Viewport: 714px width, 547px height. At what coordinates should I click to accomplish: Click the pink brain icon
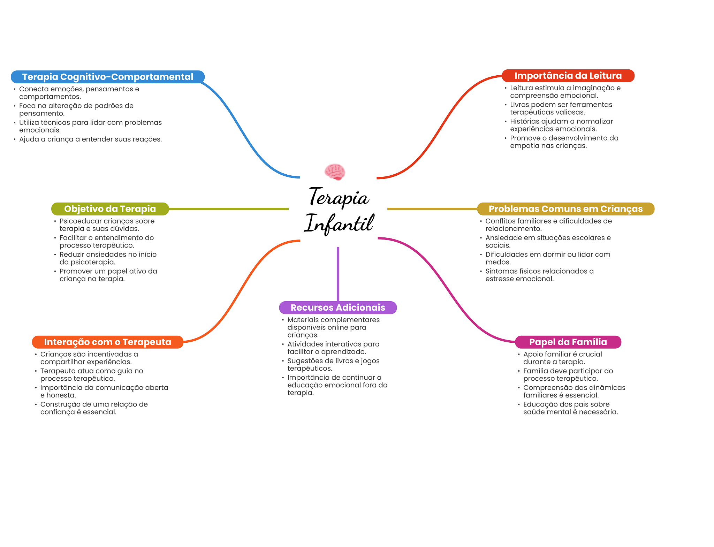click(x=335, y=172)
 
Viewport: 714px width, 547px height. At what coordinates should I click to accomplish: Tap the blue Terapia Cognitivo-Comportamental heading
click(x=107, y=77)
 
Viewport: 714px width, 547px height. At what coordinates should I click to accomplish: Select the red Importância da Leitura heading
click(x=568, y=76)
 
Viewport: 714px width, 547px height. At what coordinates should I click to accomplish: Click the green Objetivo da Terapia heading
click(x=110, y=209)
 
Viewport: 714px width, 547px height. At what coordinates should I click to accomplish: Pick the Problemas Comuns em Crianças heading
click(x=565, y=209)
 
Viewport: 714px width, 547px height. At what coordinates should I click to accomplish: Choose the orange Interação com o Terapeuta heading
click(x=107, y=342)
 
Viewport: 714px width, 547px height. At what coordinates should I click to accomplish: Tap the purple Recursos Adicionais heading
click(x=338, y=307)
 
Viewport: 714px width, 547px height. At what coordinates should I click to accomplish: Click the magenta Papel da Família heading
click(x=568, y=342)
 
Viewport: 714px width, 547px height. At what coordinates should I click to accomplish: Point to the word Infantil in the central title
click(x=339, y=223)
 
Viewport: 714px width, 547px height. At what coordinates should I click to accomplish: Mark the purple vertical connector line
click(x=338, y=274)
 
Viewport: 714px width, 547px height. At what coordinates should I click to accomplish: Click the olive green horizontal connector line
click(x=228, y=209)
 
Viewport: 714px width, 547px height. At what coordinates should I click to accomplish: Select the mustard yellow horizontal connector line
click(x=432, y=209)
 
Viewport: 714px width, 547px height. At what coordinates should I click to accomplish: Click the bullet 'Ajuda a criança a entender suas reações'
click(x=90, y=139)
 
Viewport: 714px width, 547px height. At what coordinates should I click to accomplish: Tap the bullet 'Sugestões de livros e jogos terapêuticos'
click(x=333, y=364)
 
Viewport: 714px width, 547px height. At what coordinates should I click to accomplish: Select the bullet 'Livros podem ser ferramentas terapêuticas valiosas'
click(x=561, y=108)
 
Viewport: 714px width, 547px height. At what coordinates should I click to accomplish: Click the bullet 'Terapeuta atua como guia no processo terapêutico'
click(x=91, y=374)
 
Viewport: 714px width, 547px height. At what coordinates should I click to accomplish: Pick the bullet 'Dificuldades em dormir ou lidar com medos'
click(x=547, y=258)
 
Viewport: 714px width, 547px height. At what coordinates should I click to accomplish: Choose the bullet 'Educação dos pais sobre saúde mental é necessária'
click(x=570, y=408)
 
